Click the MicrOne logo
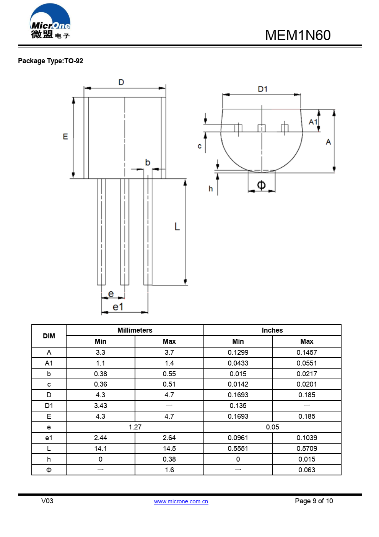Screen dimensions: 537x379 [50, 22]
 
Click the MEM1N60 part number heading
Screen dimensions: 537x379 [298, 35]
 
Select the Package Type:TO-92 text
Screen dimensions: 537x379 [50, 61]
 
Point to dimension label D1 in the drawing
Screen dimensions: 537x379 [262, 89]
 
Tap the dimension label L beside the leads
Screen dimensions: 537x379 [177, 227]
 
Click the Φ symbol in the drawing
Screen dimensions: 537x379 [261, 185]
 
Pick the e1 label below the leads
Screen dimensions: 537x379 [118, 307]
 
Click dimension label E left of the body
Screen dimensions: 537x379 [65, 137]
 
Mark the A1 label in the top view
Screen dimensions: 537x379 [313, 122]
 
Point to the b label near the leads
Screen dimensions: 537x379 [148, 163]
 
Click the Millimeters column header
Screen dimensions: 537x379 [135, 330]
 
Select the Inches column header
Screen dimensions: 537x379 [272, 330]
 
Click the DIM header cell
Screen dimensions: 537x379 [49, 336]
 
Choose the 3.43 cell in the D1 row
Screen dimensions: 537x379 [101, 406]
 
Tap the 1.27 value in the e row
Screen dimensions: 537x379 [135, 427]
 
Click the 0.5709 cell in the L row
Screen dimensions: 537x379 [307, 449]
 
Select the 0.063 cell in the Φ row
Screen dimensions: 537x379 [307, 470]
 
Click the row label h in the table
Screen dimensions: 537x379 [49, 459]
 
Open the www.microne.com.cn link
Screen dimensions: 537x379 [181, 501]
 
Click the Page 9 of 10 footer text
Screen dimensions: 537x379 [314, 501]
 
